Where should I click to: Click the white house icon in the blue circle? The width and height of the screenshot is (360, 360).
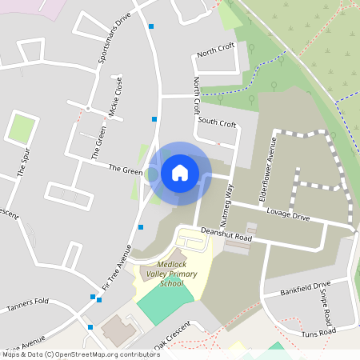coord(180,172)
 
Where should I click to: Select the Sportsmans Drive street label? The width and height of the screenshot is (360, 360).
coord(113,39)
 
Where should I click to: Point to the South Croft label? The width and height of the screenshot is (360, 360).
coord(217,123)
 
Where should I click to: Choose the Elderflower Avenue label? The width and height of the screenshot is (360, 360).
coord(267,168)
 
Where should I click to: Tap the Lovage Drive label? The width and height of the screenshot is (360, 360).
coord(290,217)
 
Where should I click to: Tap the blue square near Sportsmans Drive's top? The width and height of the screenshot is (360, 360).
coord(151,26)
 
